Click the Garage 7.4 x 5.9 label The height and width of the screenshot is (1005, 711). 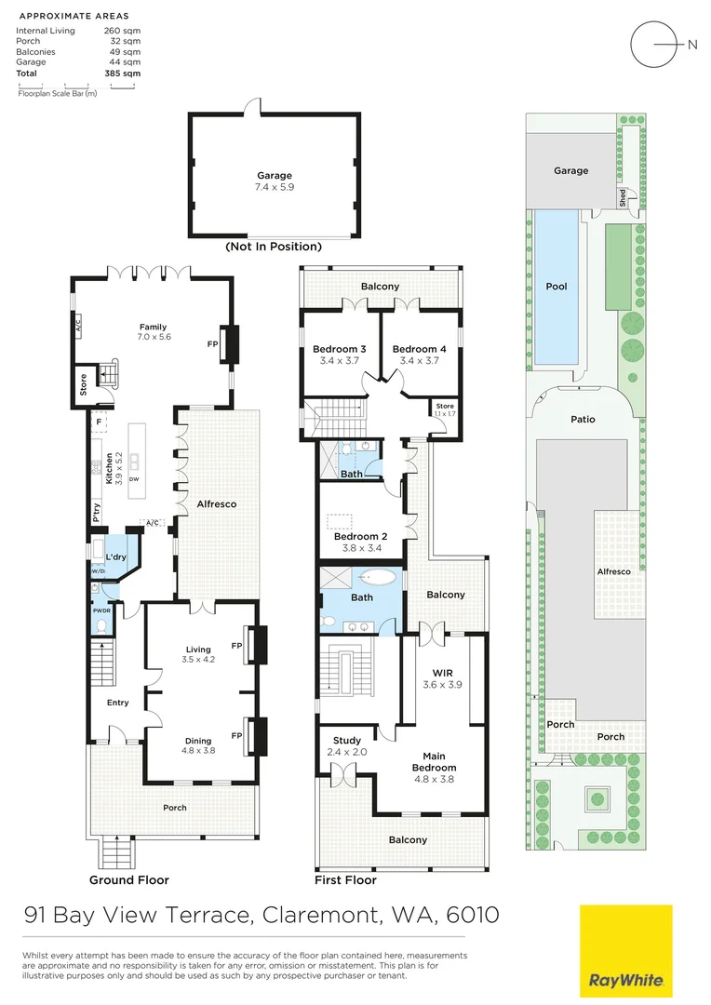click(275, 181)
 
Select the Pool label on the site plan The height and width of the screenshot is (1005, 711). click(556, 287)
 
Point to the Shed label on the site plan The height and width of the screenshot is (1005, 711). click(623, 197)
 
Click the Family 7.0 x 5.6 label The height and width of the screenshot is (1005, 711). click(153, 332)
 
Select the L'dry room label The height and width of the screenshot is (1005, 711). click(115, 556)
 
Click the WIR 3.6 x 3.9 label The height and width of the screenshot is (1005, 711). click(441, 677)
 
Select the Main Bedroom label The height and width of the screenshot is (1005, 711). click(433, 761)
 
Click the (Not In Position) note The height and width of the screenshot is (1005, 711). click(274, 247)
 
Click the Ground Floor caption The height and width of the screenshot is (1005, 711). click(128, 879)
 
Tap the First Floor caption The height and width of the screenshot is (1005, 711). click(345, 879)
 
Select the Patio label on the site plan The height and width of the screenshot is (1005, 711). click(583, 419)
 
